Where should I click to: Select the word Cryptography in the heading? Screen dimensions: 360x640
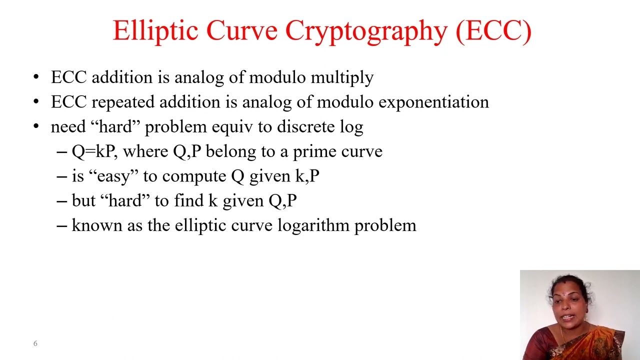(x=366, y=31)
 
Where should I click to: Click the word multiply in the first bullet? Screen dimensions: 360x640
(x=342, y=77)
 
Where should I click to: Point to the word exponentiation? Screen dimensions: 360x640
(x=433, y=102)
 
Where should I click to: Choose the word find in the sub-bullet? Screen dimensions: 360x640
(x=188, y=200)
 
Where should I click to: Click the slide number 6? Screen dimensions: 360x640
(x=35, y=343)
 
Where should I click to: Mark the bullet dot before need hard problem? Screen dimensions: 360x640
(x=36, y=126)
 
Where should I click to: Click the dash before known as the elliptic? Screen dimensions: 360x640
(x=62, y=225)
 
